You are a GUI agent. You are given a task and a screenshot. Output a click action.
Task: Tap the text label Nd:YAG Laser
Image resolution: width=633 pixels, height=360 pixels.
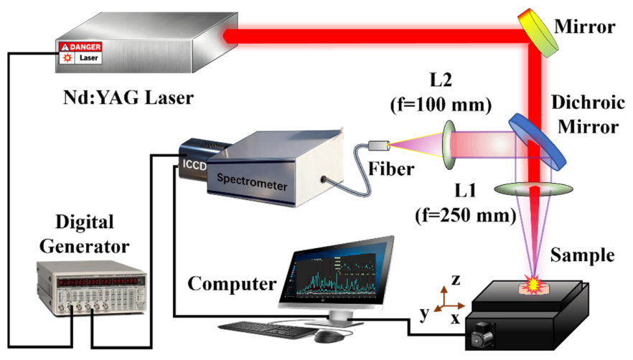point(126,95)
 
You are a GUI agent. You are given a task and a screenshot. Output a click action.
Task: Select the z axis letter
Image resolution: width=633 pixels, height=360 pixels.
point(455,278)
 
